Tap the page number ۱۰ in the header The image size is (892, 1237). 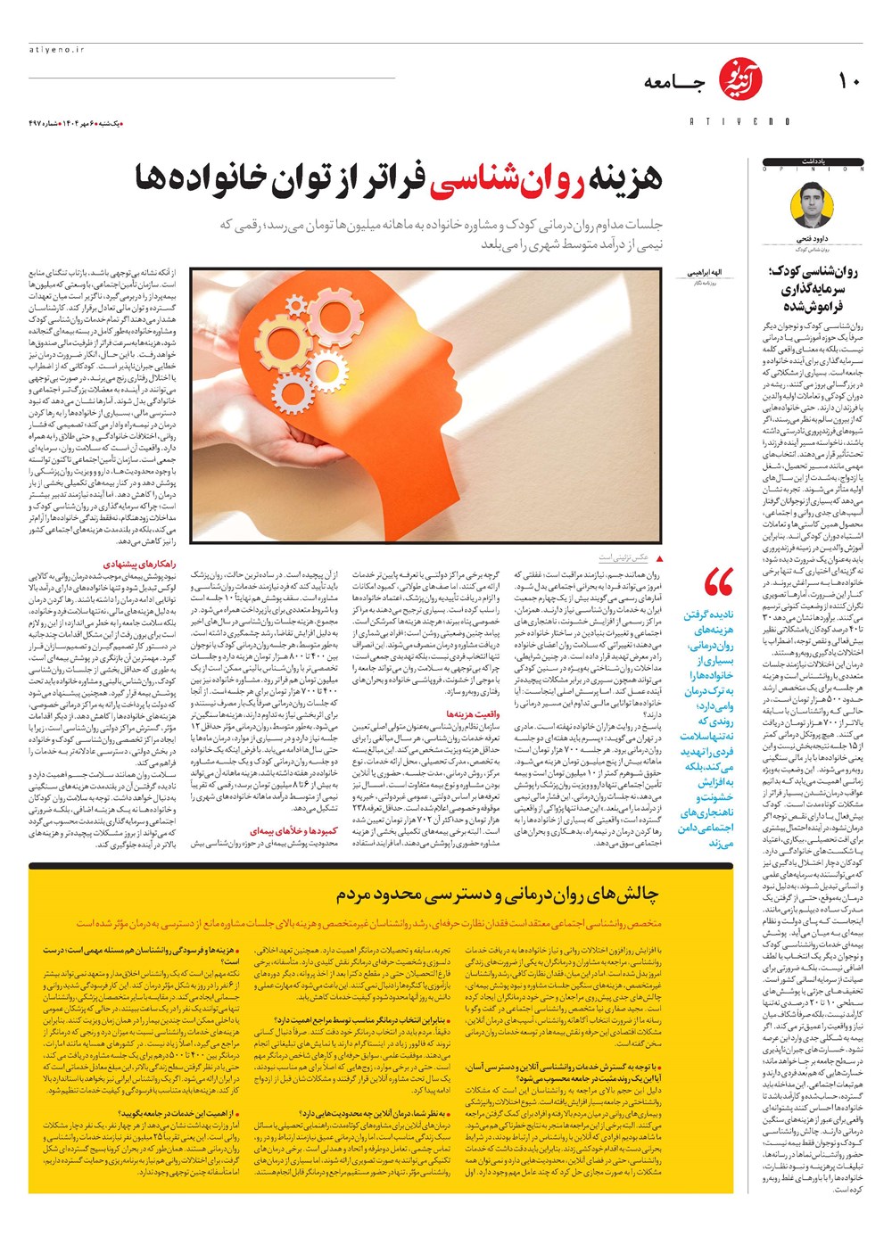pos(848,81)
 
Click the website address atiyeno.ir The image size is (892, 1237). pos(56,50)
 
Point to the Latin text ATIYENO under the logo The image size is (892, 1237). pos(739,121)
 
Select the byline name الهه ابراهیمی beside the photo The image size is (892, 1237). pos(704,271)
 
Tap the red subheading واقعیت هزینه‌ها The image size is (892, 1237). pos(474,713)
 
